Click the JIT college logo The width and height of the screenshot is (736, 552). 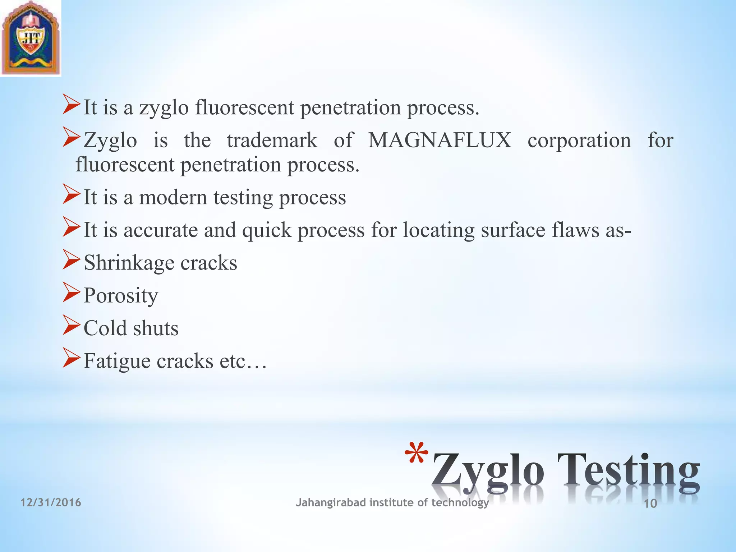point(31,38)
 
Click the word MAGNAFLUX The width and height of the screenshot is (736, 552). point(440,140)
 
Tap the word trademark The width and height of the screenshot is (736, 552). point(272,140)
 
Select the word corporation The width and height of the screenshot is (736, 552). point(579,140)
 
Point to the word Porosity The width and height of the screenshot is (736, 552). point(121,296)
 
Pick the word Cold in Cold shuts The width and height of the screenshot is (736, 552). point(105,328)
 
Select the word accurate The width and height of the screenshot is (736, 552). point(161,230)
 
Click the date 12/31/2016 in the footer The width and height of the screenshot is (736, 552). point(51,502)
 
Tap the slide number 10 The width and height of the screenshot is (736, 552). point(650,503)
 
